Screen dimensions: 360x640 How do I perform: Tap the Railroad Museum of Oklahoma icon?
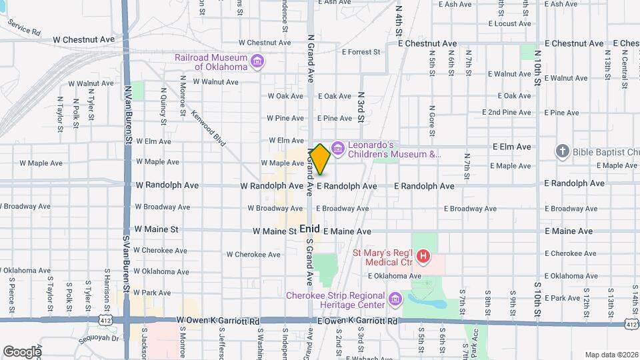coord(257,62)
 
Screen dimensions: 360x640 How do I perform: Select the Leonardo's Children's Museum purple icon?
coord(338,147)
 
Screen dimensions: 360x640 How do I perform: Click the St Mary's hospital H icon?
coord(421,256)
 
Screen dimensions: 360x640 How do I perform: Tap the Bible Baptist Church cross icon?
coord(562,151)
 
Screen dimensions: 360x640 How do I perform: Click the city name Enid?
coord(310,229)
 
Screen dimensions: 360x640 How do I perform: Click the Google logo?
coord(22,351)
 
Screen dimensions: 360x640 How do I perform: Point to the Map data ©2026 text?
coord(611,354)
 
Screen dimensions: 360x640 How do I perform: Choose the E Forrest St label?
coord(360,51)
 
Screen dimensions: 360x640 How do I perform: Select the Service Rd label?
coord(24,27)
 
